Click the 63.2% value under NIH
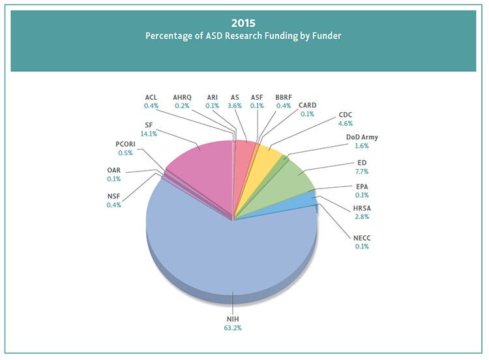coord(232,327)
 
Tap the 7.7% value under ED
coord(363,172)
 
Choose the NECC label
coord(363,237)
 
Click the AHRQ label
coord(182,97)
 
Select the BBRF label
coord(284,97)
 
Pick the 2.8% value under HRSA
coord(363,217)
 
